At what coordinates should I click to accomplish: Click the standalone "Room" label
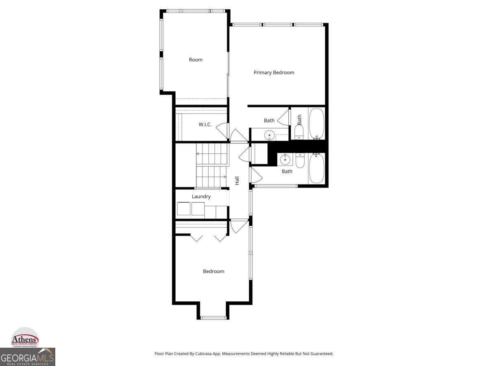pyautogui.click(x=196, y=60)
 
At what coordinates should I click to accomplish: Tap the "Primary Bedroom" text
pyautogui.click(x=274, y=72)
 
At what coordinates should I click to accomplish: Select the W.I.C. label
pyautogui.click(x=205, y=124)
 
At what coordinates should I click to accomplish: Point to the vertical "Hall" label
pyautogui.click(x=237, y=181)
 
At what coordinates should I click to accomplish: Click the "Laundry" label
pyautogui.click(x=201, y=196)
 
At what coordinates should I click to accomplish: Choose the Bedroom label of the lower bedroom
pyautogui.click(x=213, y=271)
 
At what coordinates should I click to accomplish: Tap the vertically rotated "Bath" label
pyautogui.click(x=299, y=120)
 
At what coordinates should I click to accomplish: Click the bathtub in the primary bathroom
pyautogui.click(x=316, y=123)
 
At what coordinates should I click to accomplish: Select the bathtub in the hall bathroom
pyautogui.click(x=316, y=168)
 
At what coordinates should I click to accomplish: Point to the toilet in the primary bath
pyautogui.click(x=299, y=132)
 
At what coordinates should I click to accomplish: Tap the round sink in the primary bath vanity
pyautogui.click(x=269, y=135)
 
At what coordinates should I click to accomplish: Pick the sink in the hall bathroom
pyautogui.click(x=285, y=159)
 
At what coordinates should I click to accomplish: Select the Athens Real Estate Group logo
pyautogui.click(x=25, y=338)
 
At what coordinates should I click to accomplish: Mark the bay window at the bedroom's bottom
pyautogui.click(x=213, y=317)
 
